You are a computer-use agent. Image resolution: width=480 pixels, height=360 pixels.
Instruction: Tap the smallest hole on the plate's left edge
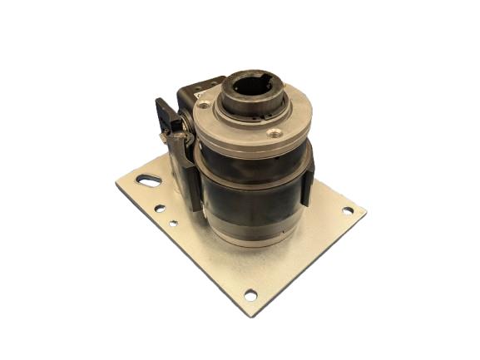(172, 223)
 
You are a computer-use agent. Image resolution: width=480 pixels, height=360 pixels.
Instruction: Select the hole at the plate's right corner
(346, 211)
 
